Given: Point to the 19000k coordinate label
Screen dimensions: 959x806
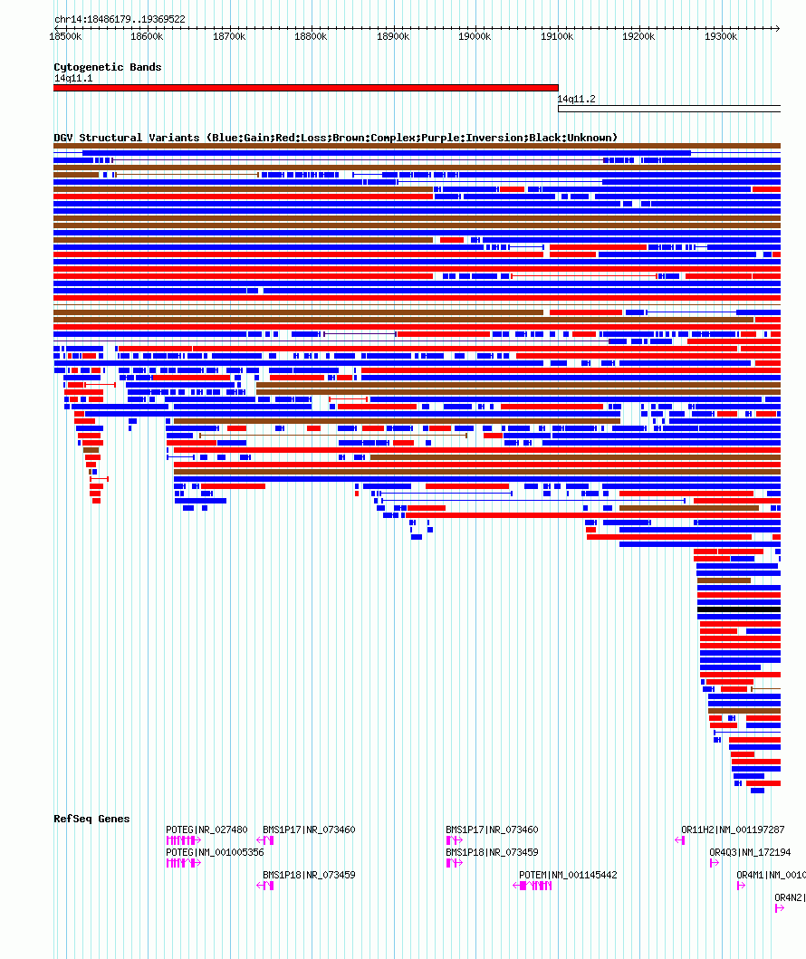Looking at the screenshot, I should (475, 36).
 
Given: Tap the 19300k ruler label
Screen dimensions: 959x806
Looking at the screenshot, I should (721, 36).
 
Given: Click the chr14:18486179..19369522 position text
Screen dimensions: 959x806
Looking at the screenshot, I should (120, 19).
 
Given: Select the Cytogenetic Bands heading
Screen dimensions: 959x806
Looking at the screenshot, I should (107, 67).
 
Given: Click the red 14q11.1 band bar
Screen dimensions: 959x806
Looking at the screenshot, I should (306, 88).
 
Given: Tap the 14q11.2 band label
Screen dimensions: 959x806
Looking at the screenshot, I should (576, 99).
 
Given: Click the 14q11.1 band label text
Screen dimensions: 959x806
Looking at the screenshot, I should (72, 78).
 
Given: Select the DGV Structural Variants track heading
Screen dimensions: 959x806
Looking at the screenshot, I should (335, 138).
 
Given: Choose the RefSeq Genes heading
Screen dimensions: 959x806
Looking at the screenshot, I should (91, 819).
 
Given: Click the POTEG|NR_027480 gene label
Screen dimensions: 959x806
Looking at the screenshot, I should (206, 830).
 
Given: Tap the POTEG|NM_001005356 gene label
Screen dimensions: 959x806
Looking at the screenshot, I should (215, 852).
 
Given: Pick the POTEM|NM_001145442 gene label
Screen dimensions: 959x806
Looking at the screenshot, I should (568, 875).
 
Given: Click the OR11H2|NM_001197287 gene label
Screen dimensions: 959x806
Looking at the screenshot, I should (733, 830).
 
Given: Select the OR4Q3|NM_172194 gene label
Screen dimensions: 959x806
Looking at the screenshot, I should (750, 852).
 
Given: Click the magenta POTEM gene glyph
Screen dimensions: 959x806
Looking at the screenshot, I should (534, 886).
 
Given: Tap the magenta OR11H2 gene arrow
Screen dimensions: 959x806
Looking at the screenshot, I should (679, 840).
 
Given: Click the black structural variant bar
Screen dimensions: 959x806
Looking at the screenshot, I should (738, 609).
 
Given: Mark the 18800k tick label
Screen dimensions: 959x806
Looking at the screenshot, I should (311, 36).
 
